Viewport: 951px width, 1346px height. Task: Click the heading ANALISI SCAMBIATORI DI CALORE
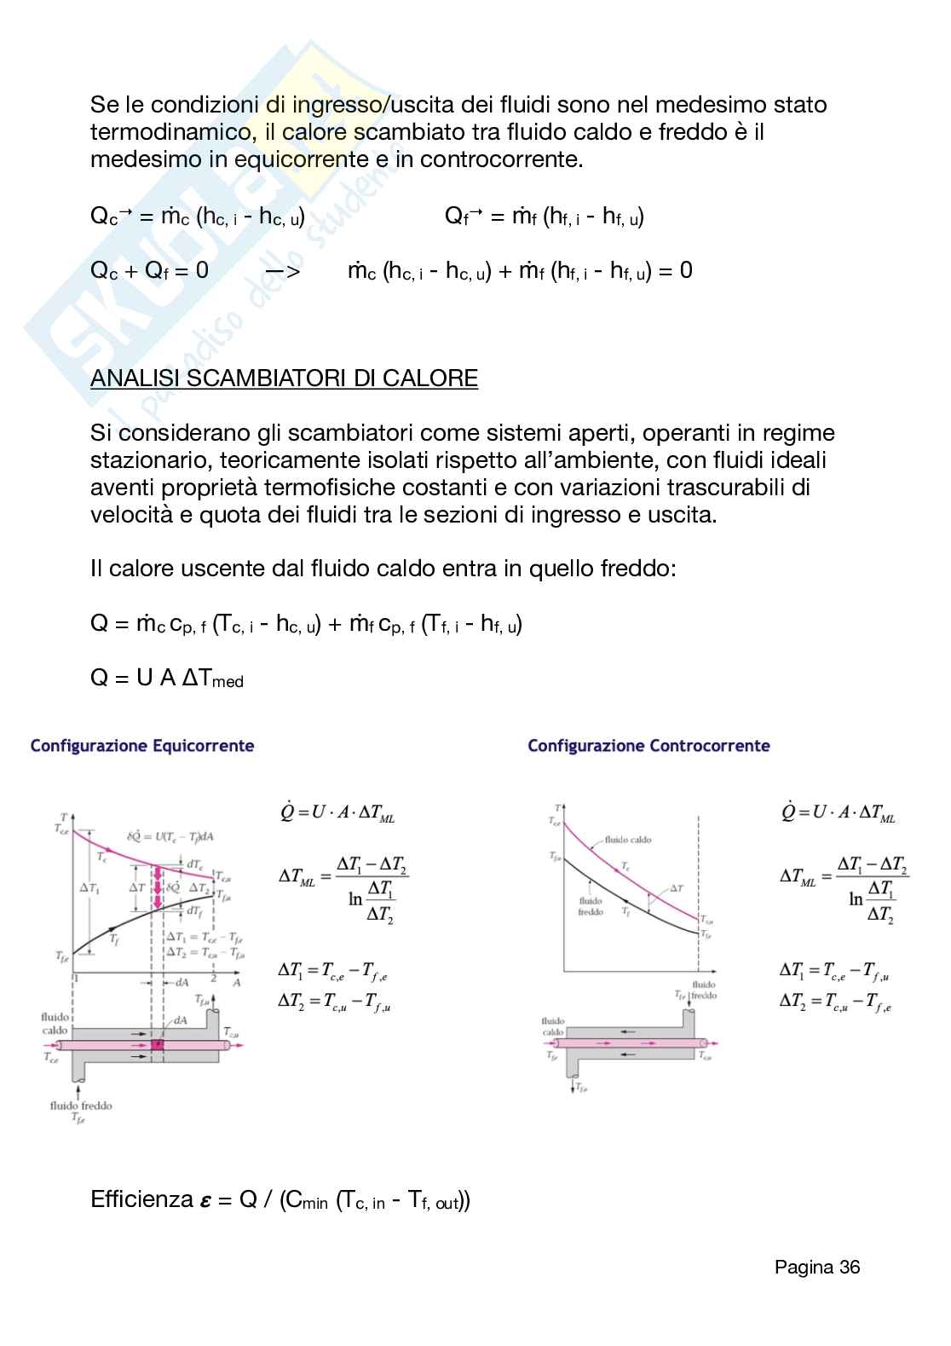(284, 378)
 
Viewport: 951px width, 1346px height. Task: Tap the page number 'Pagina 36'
(816, 1267)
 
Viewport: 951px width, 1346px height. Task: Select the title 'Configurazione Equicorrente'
(142, 746)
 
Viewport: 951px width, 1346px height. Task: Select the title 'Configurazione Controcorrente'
(648, 746)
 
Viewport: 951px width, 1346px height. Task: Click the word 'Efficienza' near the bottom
(141, 1199)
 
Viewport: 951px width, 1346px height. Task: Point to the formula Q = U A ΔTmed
(167, 679)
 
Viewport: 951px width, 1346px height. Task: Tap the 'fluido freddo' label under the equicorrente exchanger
(80, 1106)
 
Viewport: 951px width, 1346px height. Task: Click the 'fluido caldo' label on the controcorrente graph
(628, 840)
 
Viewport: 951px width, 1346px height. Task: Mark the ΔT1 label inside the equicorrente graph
(89, 888)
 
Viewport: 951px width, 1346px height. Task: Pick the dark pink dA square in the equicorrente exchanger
(157, 1044)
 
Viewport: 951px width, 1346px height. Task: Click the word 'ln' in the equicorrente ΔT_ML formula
(355, 898)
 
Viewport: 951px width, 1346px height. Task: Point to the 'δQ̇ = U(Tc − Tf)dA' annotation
(170, 836)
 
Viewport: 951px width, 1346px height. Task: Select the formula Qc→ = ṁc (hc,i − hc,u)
(198, 217)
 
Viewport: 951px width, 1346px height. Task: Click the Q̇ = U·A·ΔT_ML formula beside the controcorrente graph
(839, 812)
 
